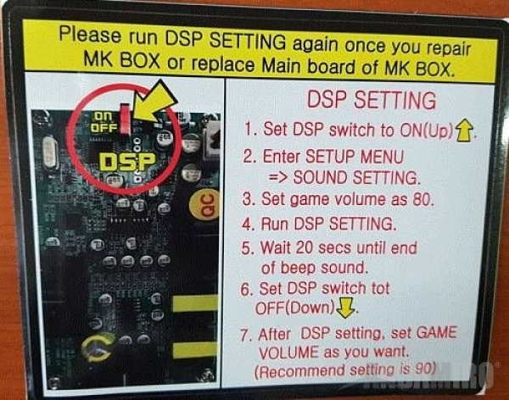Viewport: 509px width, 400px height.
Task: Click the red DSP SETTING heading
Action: (372, 100)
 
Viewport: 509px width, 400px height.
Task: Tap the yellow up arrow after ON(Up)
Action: (464, 131)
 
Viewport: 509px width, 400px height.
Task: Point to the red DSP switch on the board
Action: (126, 119)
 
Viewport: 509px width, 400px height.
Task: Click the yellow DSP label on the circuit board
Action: (127, 162)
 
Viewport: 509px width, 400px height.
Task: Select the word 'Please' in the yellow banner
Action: (90, 35)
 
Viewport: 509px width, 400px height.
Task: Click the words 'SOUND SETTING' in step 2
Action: (356, 178)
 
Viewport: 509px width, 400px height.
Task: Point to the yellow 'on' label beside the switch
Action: (103, 116)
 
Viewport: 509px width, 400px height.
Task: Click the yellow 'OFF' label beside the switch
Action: (103, 128)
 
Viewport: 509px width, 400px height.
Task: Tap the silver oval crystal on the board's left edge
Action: (50, 153)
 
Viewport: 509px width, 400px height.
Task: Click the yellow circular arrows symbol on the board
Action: (97, 348)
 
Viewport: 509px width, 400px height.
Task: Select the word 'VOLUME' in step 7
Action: (288, 353)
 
